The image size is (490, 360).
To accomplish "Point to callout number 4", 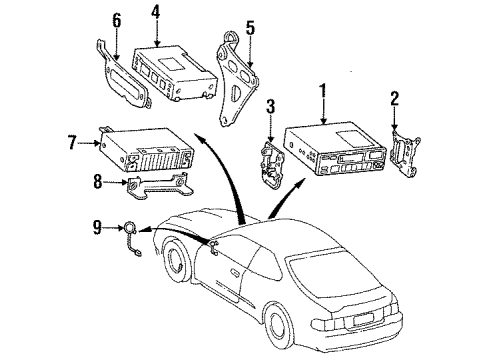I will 154,12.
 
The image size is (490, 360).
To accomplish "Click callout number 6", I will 117,20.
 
